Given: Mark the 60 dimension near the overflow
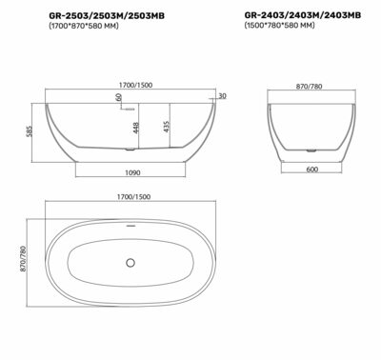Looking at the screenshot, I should pyautogui.click(x=118, y=98).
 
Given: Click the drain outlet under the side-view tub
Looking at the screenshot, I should pyautogui.click(x=131, y=150).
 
